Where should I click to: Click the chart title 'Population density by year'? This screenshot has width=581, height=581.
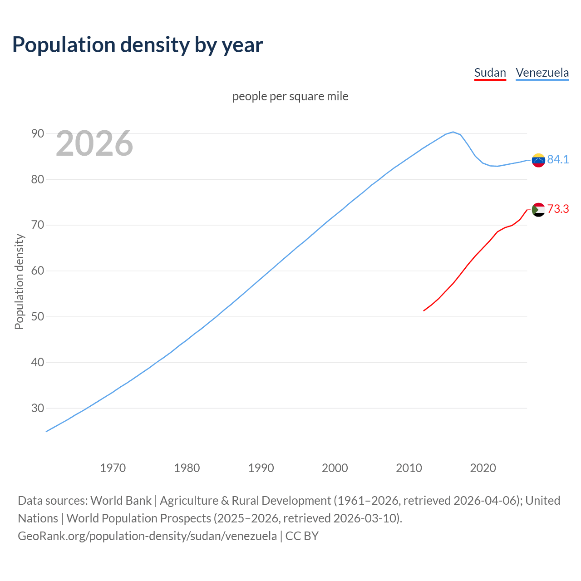(138, 45)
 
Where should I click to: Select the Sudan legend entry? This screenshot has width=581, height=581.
(490, 73)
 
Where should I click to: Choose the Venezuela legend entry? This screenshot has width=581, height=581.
(542, 73)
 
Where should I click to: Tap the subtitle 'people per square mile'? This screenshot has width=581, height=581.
(290, 96)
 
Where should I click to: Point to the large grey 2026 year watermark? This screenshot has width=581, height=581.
(94, 143)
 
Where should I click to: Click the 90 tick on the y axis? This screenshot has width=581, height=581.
(38, 133)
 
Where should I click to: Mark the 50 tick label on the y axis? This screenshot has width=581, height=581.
(38, 316)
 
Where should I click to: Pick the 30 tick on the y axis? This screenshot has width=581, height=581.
(38, 408)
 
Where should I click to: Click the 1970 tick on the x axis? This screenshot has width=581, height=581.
(113, 468)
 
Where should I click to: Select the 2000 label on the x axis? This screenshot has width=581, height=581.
(335, 468)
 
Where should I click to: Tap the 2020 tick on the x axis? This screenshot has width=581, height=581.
(483, 468)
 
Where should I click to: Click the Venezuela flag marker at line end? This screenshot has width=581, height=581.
(538, 160)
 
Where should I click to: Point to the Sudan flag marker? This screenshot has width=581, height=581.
(538, 210)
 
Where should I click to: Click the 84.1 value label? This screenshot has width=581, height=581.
(558, 159)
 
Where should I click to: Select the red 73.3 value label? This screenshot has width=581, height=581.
(558, 209)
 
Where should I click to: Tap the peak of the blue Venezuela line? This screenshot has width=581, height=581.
(453, 132)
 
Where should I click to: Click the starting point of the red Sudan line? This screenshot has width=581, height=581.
(424, 310)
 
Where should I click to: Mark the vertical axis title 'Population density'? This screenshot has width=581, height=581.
(19, 281)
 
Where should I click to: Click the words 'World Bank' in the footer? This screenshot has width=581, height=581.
(121, 500)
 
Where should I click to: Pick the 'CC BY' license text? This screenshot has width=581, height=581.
(302, 536)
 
